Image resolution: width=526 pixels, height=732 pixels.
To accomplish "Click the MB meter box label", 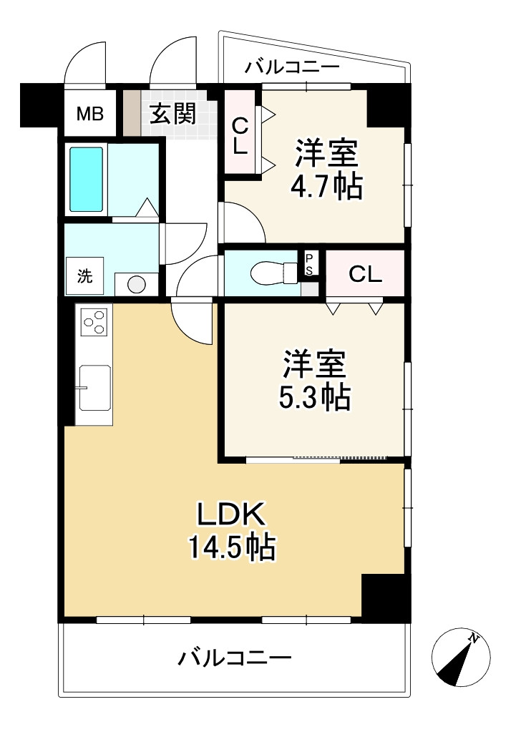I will point(90,113).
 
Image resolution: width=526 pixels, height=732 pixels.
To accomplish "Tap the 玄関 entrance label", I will point(172,113).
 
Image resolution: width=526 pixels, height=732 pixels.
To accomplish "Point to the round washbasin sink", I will point(136,284).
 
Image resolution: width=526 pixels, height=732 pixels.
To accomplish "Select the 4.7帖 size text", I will point(326,187).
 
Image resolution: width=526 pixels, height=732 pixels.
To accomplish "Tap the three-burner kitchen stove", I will point(94,322).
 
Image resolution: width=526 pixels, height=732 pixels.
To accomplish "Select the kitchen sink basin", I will point(94,387).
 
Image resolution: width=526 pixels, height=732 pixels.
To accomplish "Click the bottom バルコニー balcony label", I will point(235,657).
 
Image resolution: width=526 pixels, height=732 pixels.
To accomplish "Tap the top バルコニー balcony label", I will point(291,69).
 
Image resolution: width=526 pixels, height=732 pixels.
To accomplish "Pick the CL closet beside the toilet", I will point(365,274).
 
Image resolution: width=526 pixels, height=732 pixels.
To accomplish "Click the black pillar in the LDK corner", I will point(385,597).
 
